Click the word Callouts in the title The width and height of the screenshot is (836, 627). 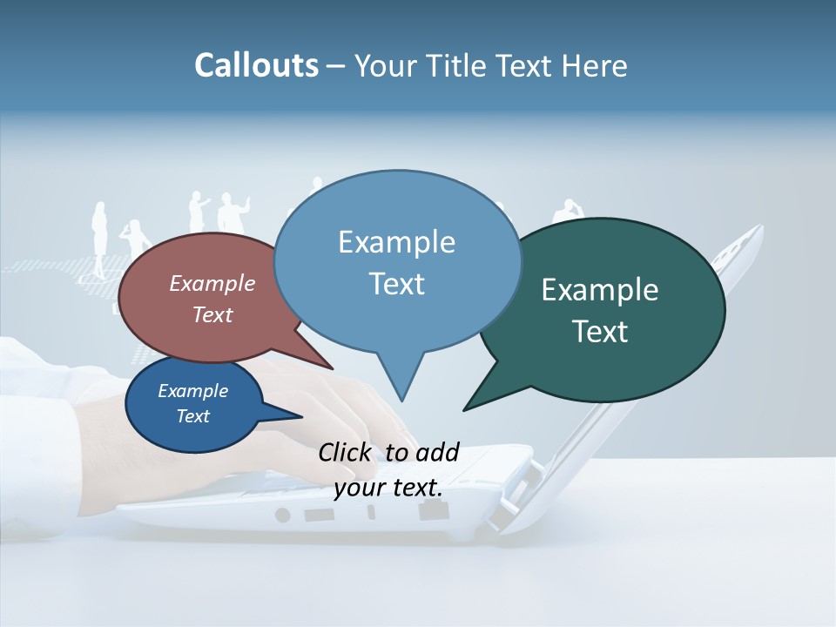pyautogui.click(x=256, y=65)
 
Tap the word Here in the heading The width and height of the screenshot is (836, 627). pyautogui.click(x=595, y=65)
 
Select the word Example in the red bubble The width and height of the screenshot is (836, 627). pyautogui.click(x=212, y=283)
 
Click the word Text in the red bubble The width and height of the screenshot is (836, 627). pyautogui.click(x=212, y=314)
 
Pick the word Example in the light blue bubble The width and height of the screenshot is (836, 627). pyautogui.click(x=396, y=242)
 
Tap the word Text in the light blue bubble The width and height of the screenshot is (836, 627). pyautogui.click(x=396, y=284)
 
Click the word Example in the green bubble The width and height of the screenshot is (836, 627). pyautogui.click(x=599, y=290)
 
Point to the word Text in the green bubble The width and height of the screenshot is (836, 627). pyautogui.click(x=599, y=332)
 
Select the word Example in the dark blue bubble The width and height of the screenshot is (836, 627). pyautogui.click(x=192, y=391)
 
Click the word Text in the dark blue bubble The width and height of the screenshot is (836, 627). pyautogui.click(x=192, y=416)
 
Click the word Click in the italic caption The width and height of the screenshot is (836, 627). pyautogui.click(x=347, y=452)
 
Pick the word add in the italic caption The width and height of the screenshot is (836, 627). pyautogui.click(x=437, y=452)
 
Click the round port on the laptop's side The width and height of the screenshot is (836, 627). pyautogui.click(x=282, y=515)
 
